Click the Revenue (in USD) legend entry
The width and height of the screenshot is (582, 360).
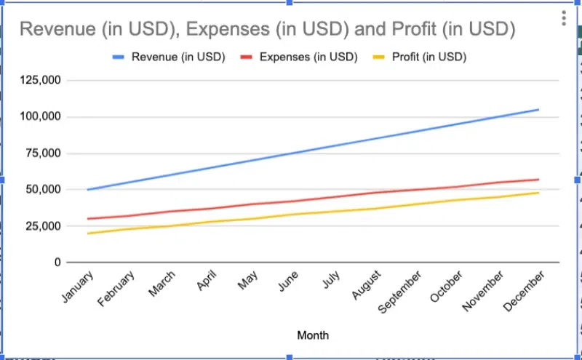[178, 57]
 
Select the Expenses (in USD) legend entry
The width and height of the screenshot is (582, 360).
[308, 57]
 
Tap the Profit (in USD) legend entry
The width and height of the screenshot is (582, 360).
[428, 57]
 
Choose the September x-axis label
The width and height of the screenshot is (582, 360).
[400, 292]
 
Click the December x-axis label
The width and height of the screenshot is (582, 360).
[524, 291]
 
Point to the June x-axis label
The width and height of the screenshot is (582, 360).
[288, 283]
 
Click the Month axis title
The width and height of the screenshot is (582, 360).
[313, 335]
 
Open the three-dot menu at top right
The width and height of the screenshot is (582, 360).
[564, 18]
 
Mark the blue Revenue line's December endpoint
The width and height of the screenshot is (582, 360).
[538, 110]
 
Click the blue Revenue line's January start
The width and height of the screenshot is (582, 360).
[87, 189]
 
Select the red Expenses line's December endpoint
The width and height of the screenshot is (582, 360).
[538, 180]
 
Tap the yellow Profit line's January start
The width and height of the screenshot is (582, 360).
[87, 233]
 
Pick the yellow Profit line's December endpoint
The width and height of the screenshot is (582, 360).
[538, 193]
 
